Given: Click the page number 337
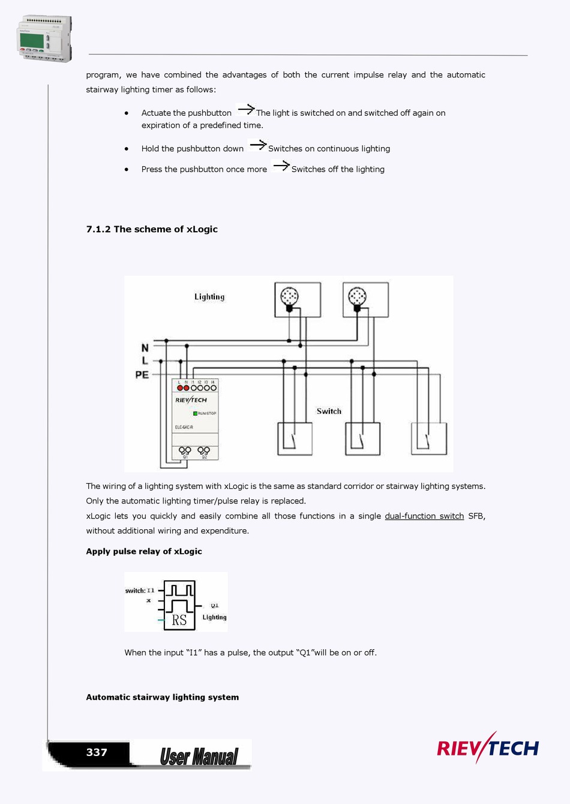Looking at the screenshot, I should [x=97, y=752].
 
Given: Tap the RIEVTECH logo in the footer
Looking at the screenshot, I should [x=488, y=748].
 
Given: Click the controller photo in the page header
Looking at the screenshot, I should [x=44, y=39].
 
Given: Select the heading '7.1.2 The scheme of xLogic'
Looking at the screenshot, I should [x=152, y=229].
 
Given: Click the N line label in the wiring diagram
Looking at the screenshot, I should [x=145, y=347].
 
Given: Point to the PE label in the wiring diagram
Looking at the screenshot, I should [x=142, y=374].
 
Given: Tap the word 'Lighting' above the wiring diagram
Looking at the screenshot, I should [x=209, y=296].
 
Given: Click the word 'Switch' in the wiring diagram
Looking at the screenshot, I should [x=329, y=411].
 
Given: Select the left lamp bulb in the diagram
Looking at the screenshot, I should [x=289, y=296].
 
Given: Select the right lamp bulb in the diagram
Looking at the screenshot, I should [x=357, y=296].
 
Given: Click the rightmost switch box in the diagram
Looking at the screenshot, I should [x=429, y=439].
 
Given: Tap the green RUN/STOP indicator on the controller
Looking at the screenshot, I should [x=195, y=413].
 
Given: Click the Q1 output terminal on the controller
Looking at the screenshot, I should [x=185, y=451].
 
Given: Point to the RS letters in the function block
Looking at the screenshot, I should [x=179, y=620].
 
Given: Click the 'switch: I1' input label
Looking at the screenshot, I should [x=140, y=590].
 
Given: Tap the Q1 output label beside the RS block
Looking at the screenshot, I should [x=214, y=605].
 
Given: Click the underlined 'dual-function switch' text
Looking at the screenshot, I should [x=424, y=516].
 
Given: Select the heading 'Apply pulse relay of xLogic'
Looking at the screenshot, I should [x=144, y=551].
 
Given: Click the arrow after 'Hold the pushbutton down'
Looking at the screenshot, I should [x=257, y=145].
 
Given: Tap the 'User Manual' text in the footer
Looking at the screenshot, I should [x=199, y=757].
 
